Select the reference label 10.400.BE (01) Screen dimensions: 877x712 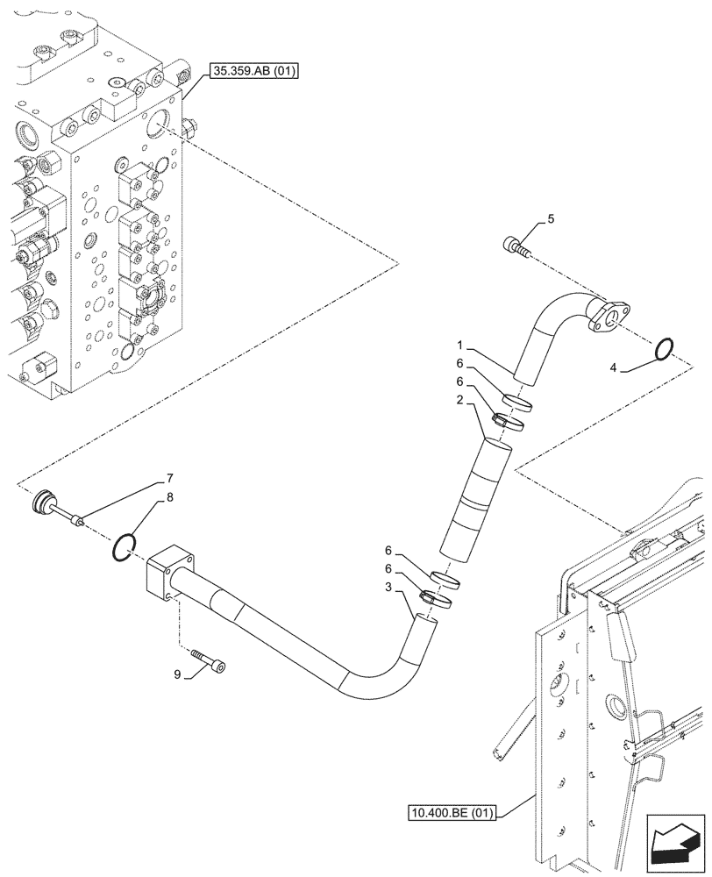tap(452, 813)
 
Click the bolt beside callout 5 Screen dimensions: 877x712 tap(516, 246)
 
